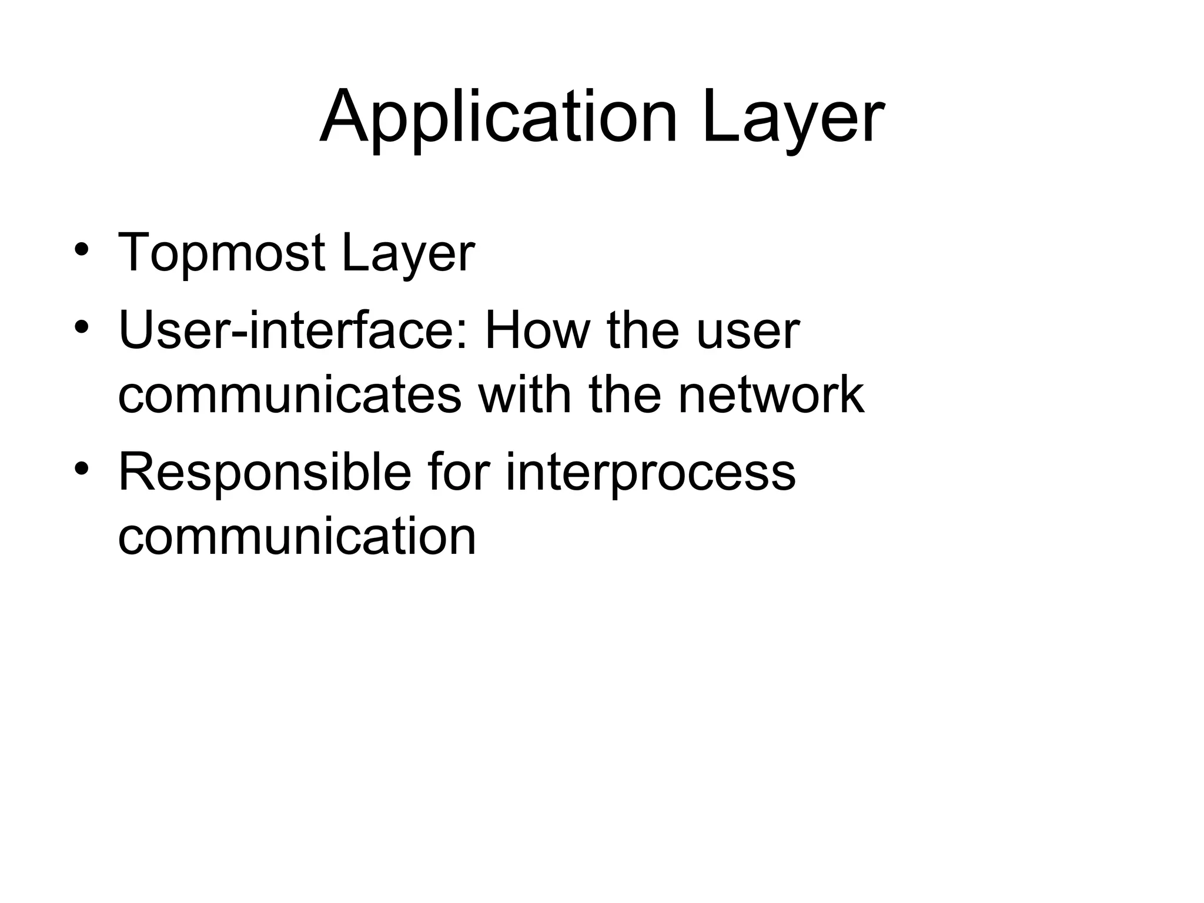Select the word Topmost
coord(222,253)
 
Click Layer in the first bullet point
coord(407,253)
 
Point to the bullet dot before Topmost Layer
coord(82,248)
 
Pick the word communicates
coord(290,395)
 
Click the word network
coord(771,395)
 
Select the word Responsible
coord(265,472)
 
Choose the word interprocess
coord(650,472)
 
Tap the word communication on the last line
coord(297,537)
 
